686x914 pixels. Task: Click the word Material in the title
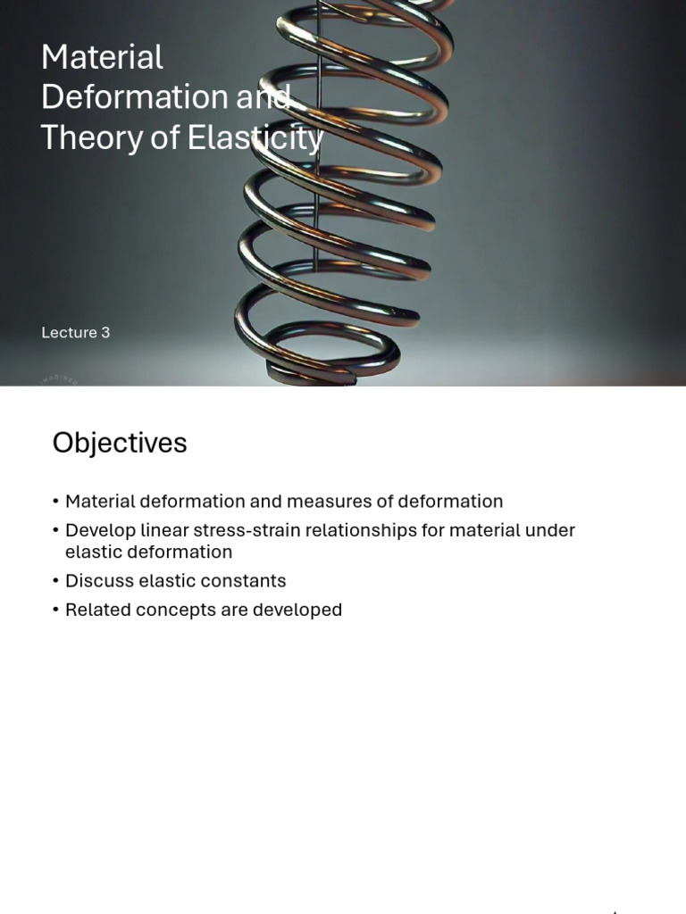pos(102,58)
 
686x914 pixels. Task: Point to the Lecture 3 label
pos(75,332)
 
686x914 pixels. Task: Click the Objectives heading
pos(120,443)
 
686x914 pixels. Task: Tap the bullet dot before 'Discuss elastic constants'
pos(55,581)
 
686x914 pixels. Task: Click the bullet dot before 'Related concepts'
pos(55,611)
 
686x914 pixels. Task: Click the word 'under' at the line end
pos(549,530)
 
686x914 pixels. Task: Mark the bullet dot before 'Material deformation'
pos(55,502)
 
